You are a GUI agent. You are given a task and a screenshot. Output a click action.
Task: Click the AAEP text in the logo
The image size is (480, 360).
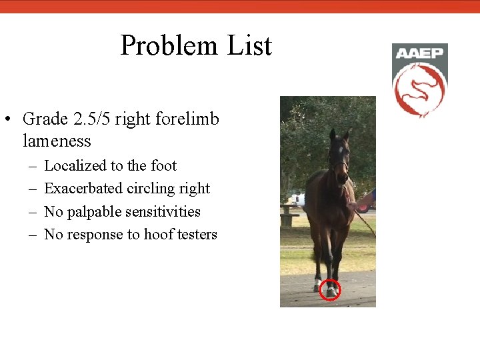pyautogui.click(x=419, y=53)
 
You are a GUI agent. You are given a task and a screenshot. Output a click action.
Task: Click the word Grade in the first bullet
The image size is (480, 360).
pyautogui.click(x=45, y=119)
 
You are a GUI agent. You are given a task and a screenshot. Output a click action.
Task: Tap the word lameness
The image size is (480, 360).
pyautogui.click(x=57, y=141)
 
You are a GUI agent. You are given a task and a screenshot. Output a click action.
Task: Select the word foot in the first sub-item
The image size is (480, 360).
pyautogui.click(x=164, y=166)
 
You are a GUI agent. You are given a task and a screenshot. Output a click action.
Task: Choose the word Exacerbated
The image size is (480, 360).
pyautogui.click(x=83, y=189)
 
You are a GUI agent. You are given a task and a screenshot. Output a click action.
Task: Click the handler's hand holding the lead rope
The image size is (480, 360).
pyautogui.click(x=353, y=205)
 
